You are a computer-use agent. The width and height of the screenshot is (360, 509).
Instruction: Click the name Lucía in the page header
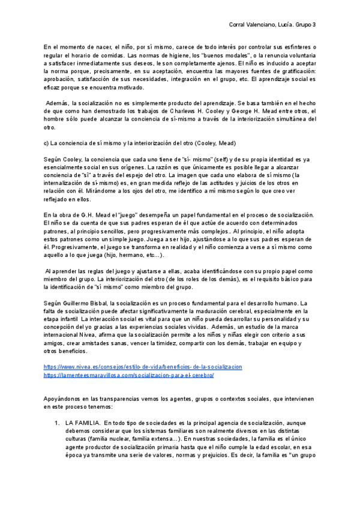(x=296, y=25)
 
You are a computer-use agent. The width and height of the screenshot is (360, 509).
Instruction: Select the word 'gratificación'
(x=298, y=71)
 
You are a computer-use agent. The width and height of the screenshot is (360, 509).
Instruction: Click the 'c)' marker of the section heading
(x=46, y=143)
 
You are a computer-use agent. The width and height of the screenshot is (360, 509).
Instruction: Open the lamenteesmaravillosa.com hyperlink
(x=128, y=375)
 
